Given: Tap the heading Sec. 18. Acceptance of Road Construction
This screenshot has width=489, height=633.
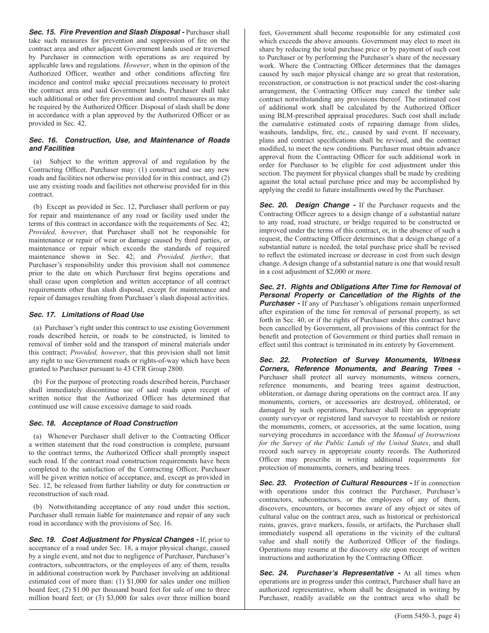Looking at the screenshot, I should [103, 423].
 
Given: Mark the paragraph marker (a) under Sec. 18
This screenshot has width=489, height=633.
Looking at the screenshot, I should [38, 435].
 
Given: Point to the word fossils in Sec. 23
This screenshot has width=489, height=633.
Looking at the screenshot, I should [354, 525].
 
